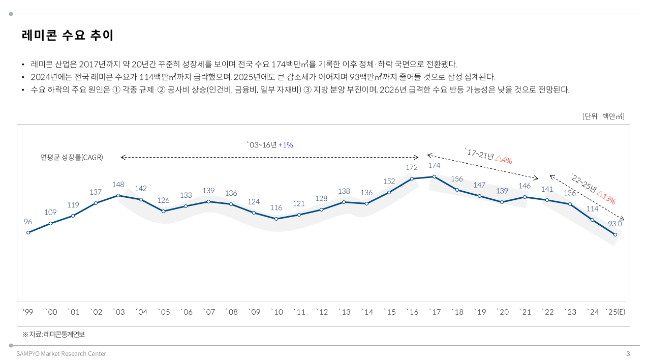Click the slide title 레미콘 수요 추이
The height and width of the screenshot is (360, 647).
pos(68,36)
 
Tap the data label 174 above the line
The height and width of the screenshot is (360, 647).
pos(434,165)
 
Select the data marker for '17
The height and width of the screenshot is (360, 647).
pos(434,176)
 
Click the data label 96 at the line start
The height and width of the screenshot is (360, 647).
pos(28,222)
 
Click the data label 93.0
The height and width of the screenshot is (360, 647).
pos(615,223)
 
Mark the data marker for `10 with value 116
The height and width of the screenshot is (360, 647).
pos(276,219)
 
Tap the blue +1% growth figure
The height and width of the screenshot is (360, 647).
pos(286,145)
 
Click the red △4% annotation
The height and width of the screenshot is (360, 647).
pos(503,160)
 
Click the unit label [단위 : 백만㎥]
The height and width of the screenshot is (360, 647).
pos(603,116)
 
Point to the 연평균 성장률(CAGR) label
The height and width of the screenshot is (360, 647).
pos(72,157)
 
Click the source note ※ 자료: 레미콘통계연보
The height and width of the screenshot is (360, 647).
pos(53,335)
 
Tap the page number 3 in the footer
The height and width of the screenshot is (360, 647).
pos(628,353)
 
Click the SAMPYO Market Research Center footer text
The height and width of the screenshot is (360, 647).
pos(61,353)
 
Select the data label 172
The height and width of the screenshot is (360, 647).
pos(412,167)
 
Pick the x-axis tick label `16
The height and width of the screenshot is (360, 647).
pos(412,312)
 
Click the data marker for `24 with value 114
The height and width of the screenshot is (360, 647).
pos(593,220)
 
